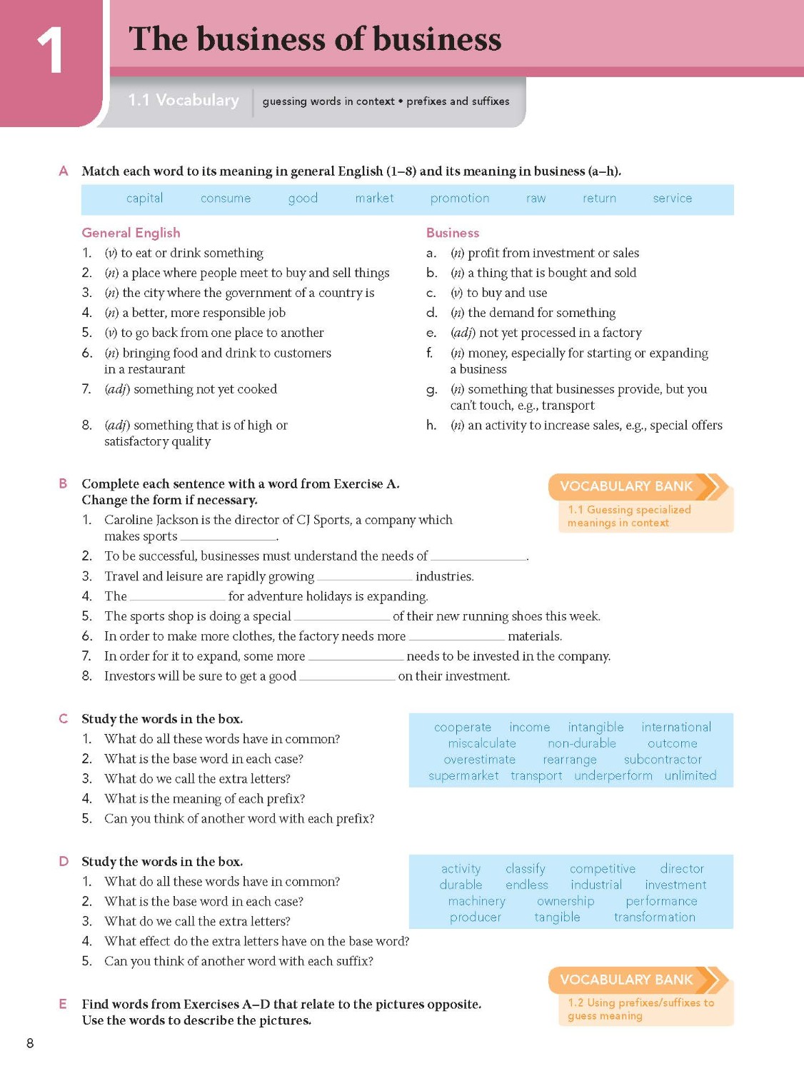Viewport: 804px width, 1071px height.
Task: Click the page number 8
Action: point(30,1043)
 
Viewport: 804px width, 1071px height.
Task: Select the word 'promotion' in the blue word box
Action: point(459,198)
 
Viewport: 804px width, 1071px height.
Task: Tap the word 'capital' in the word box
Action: point(144,198)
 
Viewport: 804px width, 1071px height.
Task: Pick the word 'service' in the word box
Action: point(672,198)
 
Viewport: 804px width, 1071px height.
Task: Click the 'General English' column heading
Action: point(131,233)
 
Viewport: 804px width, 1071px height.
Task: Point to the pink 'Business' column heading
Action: point(452,233)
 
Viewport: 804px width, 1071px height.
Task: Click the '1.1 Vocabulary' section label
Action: point(184,101)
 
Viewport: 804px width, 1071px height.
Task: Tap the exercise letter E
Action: point(63,1004)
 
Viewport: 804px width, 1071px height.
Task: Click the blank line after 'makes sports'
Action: point(228,537)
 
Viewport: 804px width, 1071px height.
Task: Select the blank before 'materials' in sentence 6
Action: point(456,637)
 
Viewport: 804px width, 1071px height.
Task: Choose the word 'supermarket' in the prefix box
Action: point(463,775)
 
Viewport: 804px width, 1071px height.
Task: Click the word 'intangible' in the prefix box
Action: point(596,727)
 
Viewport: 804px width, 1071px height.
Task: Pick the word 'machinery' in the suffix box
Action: point(476,901)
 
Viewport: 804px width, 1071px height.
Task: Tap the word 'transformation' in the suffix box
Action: point(654,917)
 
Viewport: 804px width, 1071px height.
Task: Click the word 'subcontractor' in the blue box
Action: point(663,760)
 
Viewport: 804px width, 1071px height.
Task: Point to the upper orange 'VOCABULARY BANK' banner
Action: point(627,486)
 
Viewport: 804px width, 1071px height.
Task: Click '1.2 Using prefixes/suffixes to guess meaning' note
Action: point(640,1009)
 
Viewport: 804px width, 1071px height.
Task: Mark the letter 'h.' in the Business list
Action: point(431,426)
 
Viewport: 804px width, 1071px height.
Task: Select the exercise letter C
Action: point(63,719)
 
